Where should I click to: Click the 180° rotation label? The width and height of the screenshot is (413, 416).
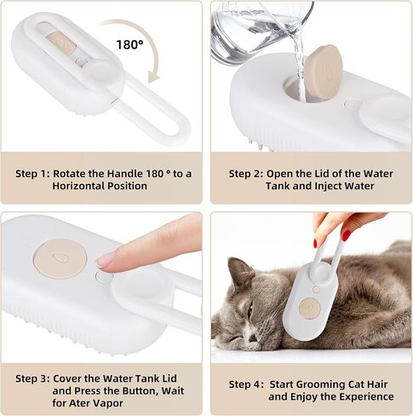[x=129, y=44]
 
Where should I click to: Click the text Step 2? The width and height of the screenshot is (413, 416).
[x=246, y=174]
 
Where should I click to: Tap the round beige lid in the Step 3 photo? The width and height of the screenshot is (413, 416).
[x=60, y=259]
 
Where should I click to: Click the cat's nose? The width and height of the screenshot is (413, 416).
[x=253, y=338]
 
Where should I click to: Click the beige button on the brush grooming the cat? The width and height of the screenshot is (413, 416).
[x=310, y=308]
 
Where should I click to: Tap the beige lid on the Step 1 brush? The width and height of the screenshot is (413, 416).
[x=60, y=43]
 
